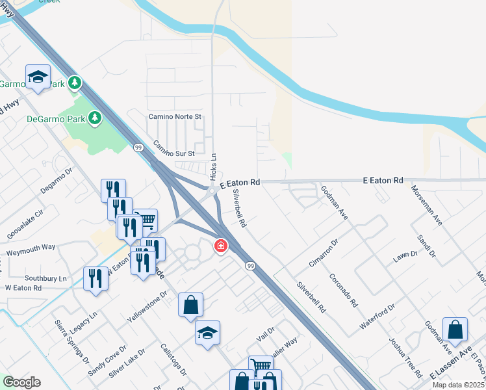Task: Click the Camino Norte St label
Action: (176, 117)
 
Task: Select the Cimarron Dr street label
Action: (324, 253)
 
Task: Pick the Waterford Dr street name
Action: (378, 316)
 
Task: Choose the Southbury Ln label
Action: (45, 278)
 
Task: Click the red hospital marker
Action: (221, 246)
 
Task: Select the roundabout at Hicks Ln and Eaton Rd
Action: (212, 190)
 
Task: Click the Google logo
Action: (21, 382)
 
